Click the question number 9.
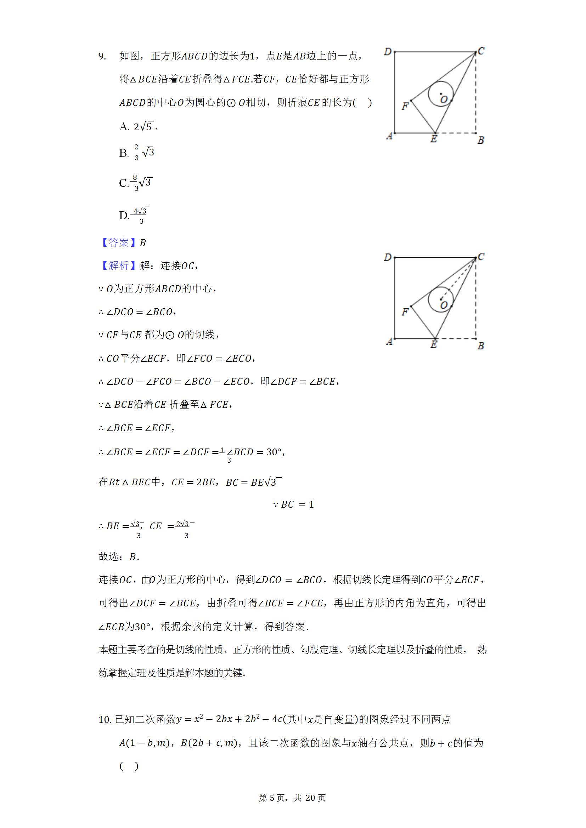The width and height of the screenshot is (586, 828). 102,56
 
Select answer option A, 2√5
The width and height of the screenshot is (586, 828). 139,127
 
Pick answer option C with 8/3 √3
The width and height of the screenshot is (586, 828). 136,183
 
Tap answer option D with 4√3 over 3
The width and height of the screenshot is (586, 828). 134,215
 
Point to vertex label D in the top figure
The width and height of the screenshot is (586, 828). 388,52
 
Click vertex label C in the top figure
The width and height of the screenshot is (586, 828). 481,51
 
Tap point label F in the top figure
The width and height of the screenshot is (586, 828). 405,106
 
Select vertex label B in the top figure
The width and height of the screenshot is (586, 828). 481,140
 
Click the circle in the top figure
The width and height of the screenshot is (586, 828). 441,93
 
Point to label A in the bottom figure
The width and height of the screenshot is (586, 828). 389,342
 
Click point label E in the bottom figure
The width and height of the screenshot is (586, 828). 434,344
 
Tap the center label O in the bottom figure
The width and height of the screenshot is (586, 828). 444,305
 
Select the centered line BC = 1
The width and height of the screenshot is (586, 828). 293,504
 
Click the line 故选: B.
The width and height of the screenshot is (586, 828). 119,557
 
